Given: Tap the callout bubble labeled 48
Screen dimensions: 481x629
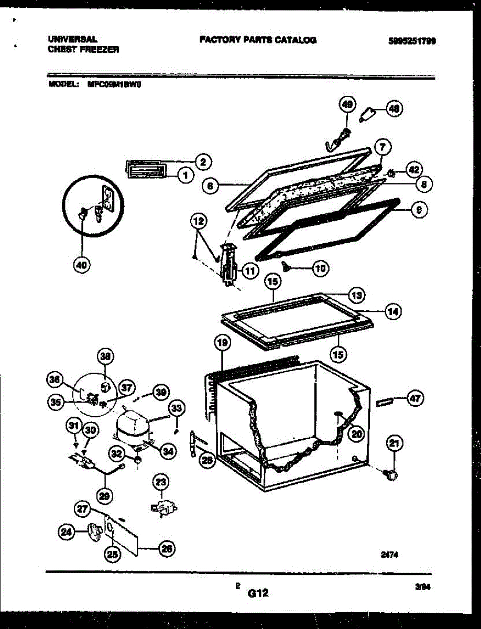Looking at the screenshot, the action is coord(393,109).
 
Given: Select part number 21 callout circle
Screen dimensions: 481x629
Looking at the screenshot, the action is coord(393,444).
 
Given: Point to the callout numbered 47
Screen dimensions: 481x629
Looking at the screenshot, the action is coord(414,398).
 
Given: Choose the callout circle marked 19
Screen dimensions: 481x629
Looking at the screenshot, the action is coord(222,343).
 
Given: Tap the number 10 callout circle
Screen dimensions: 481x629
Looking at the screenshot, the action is coord(320,268).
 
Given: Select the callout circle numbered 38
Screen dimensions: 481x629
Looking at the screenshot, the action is coord(105,357).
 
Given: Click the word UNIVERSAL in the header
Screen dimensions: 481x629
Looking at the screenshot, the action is coord(72,39).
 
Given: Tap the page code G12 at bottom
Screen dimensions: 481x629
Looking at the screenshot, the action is coord(258,593).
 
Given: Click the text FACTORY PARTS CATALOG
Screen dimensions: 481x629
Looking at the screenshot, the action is coord(258,40).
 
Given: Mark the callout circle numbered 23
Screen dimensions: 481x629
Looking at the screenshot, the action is coord(161,481).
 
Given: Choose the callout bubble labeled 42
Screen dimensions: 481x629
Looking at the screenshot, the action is coord(414,170).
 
